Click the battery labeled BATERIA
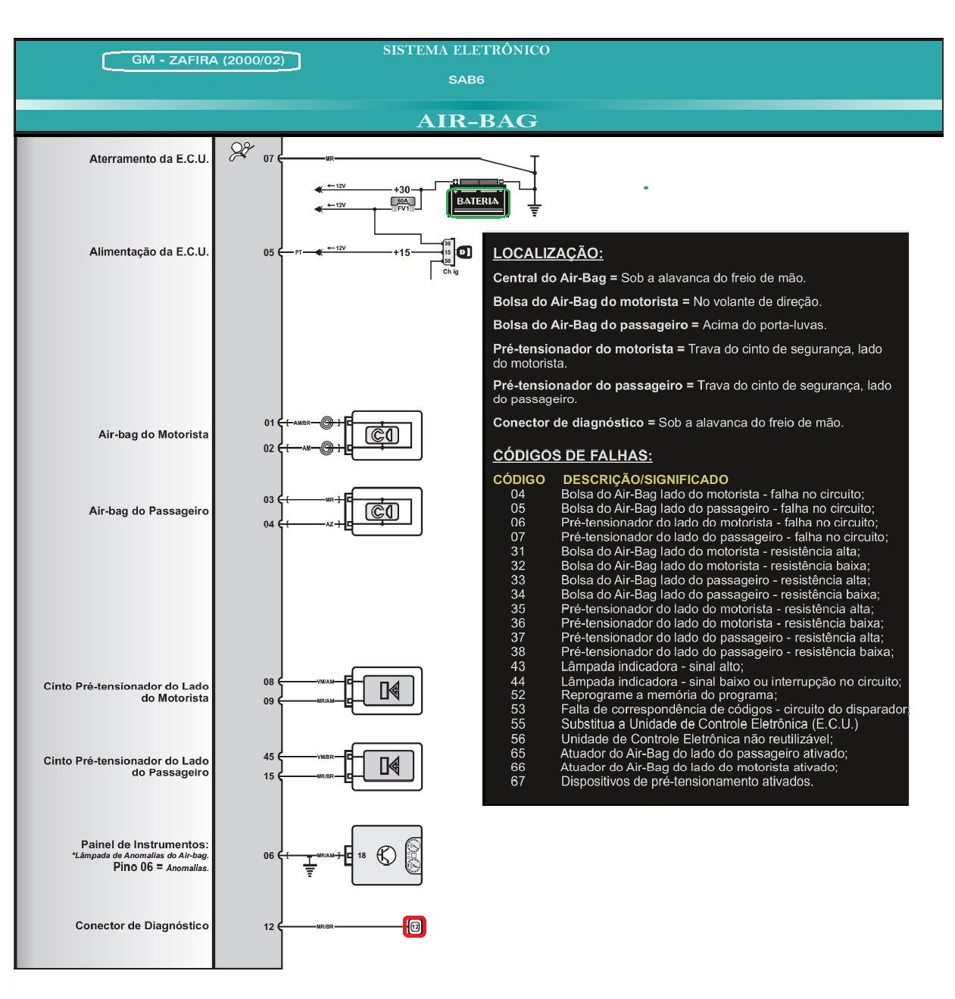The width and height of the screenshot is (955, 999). pos(478,201)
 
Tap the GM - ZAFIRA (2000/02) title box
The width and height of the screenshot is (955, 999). pos(201,61)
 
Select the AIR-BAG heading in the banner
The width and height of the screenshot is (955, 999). pos(477,121)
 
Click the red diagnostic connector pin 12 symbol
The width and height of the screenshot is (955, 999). pos(414,926)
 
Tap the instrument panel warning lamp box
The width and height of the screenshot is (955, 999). pos(386,856)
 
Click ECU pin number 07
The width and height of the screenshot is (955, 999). pos(269,159)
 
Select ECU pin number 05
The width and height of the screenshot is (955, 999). pos(269,253)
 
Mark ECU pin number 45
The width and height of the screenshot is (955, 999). pos(269,757)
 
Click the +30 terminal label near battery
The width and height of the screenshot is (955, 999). pos(401,190)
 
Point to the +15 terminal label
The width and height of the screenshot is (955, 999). pos(401,253)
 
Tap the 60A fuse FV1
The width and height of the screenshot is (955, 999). pos(402,203)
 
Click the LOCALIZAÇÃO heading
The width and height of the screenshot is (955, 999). pos(548,254)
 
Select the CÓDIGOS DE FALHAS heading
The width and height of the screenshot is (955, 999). pos(572,456)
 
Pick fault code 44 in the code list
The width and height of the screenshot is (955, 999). pos(518,682)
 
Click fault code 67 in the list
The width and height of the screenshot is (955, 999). pos(518,782)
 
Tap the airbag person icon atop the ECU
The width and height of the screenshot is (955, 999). pos(242,151)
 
